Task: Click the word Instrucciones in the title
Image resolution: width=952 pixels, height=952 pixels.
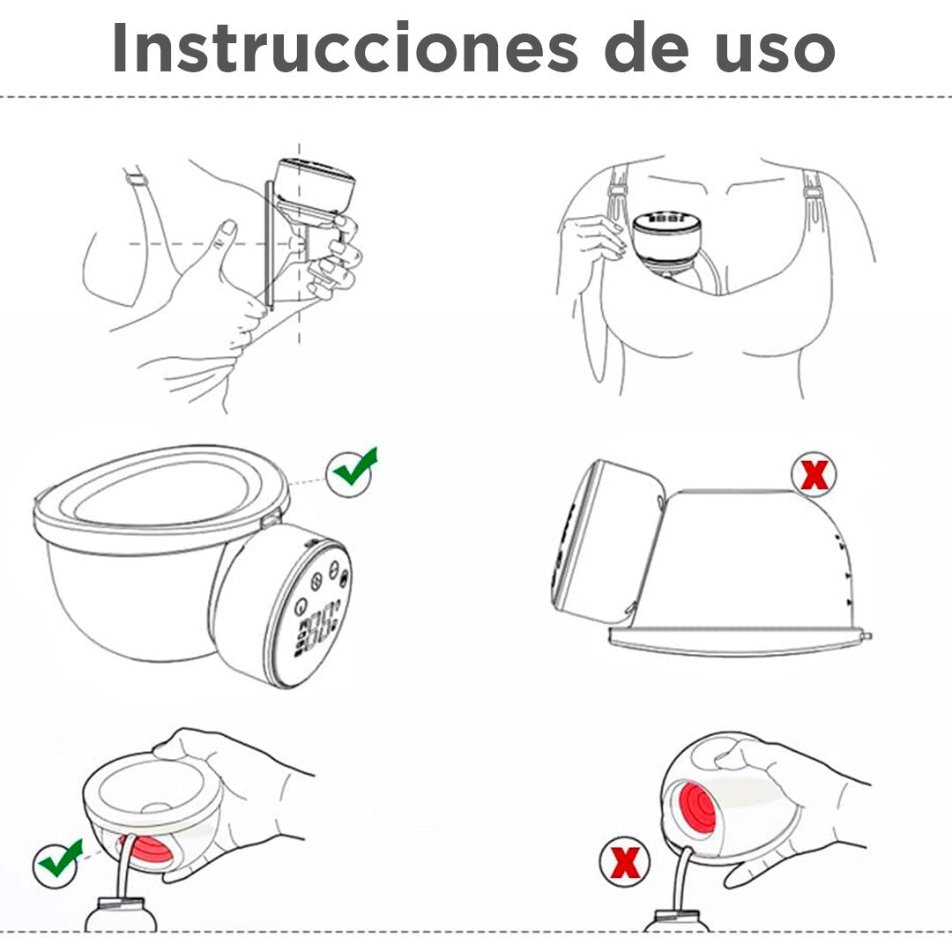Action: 345,48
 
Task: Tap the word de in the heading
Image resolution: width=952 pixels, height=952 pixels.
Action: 647,48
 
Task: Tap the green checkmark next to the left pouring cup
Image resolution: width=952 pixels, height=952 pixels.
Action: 58,860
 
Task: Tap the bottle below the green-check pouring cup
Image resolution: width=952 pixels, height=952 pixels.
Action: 121,914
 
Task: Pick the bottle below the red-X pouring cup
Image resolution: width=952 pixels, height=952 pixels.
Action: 676,920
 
